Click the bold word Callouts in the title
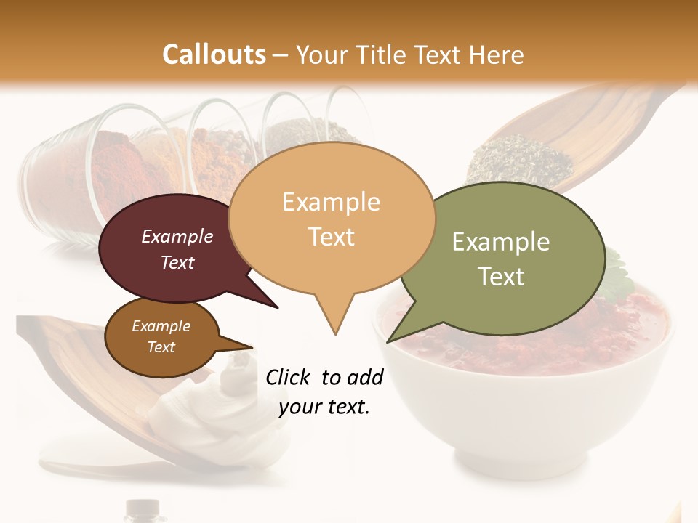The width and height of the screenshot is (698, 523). (x=213, y=54)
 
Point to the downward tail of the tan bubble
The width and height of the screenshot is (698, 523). (x=334, y=320)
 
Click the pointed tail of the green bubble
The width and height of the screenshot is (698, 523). (x=396, y=334)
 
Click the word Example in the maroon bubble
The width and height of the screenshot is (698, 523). (x=177, y=237)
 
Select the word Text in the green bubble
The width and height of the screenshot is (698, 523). (x=501, y=277)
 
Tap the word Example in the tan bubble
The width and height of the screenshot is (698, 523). (x=331, y=202)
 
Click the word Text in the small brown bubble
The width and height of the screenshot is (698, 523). (x=161, y=347)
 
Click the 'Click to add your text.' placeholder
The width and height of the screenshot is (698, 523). (x=324, y=392)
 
